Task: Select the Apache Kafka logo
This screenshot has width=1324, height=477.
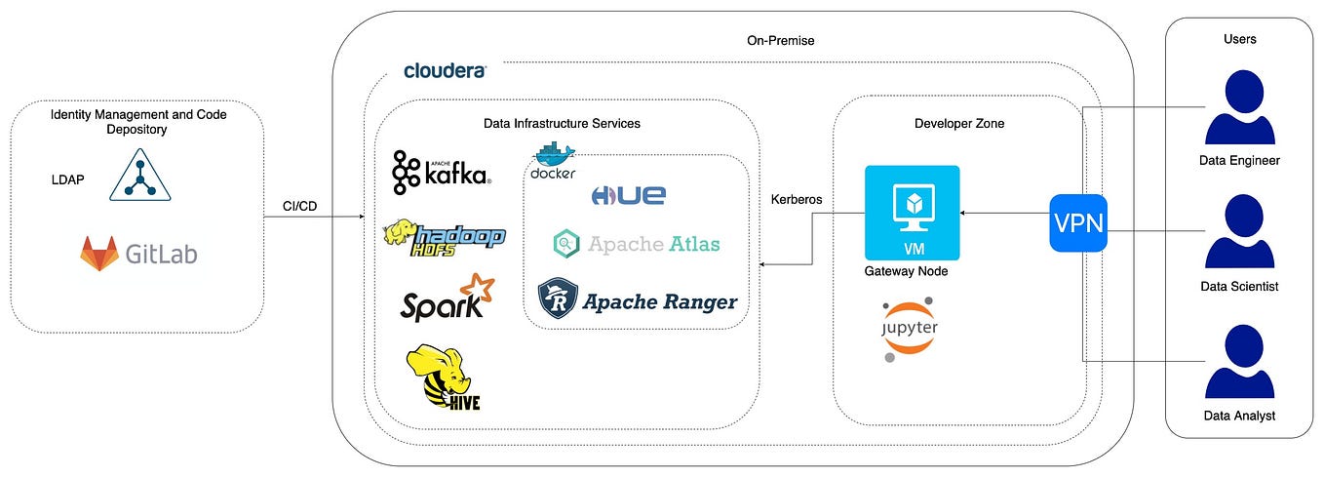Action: click(x=442, y=173)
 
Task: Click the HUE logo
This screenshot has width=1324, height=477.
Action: click(x=628, y=195)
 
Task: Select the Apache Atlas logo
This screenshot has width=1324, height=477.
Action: click(x=636, y=243)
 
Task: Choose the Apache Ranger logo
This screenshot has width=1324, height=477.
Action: click(x=638, y=299)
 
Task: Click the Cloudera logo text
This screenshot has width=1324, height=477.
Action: click(x=445, y=71)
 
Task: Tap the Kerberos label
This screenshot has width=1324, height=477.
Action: click(x=796, y=199)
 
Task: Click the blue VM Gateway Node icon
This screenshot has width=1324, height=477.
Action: click(x=912, y=212)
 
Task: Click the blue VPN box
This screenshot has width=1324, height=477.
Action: click(x=1077, y=223)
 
